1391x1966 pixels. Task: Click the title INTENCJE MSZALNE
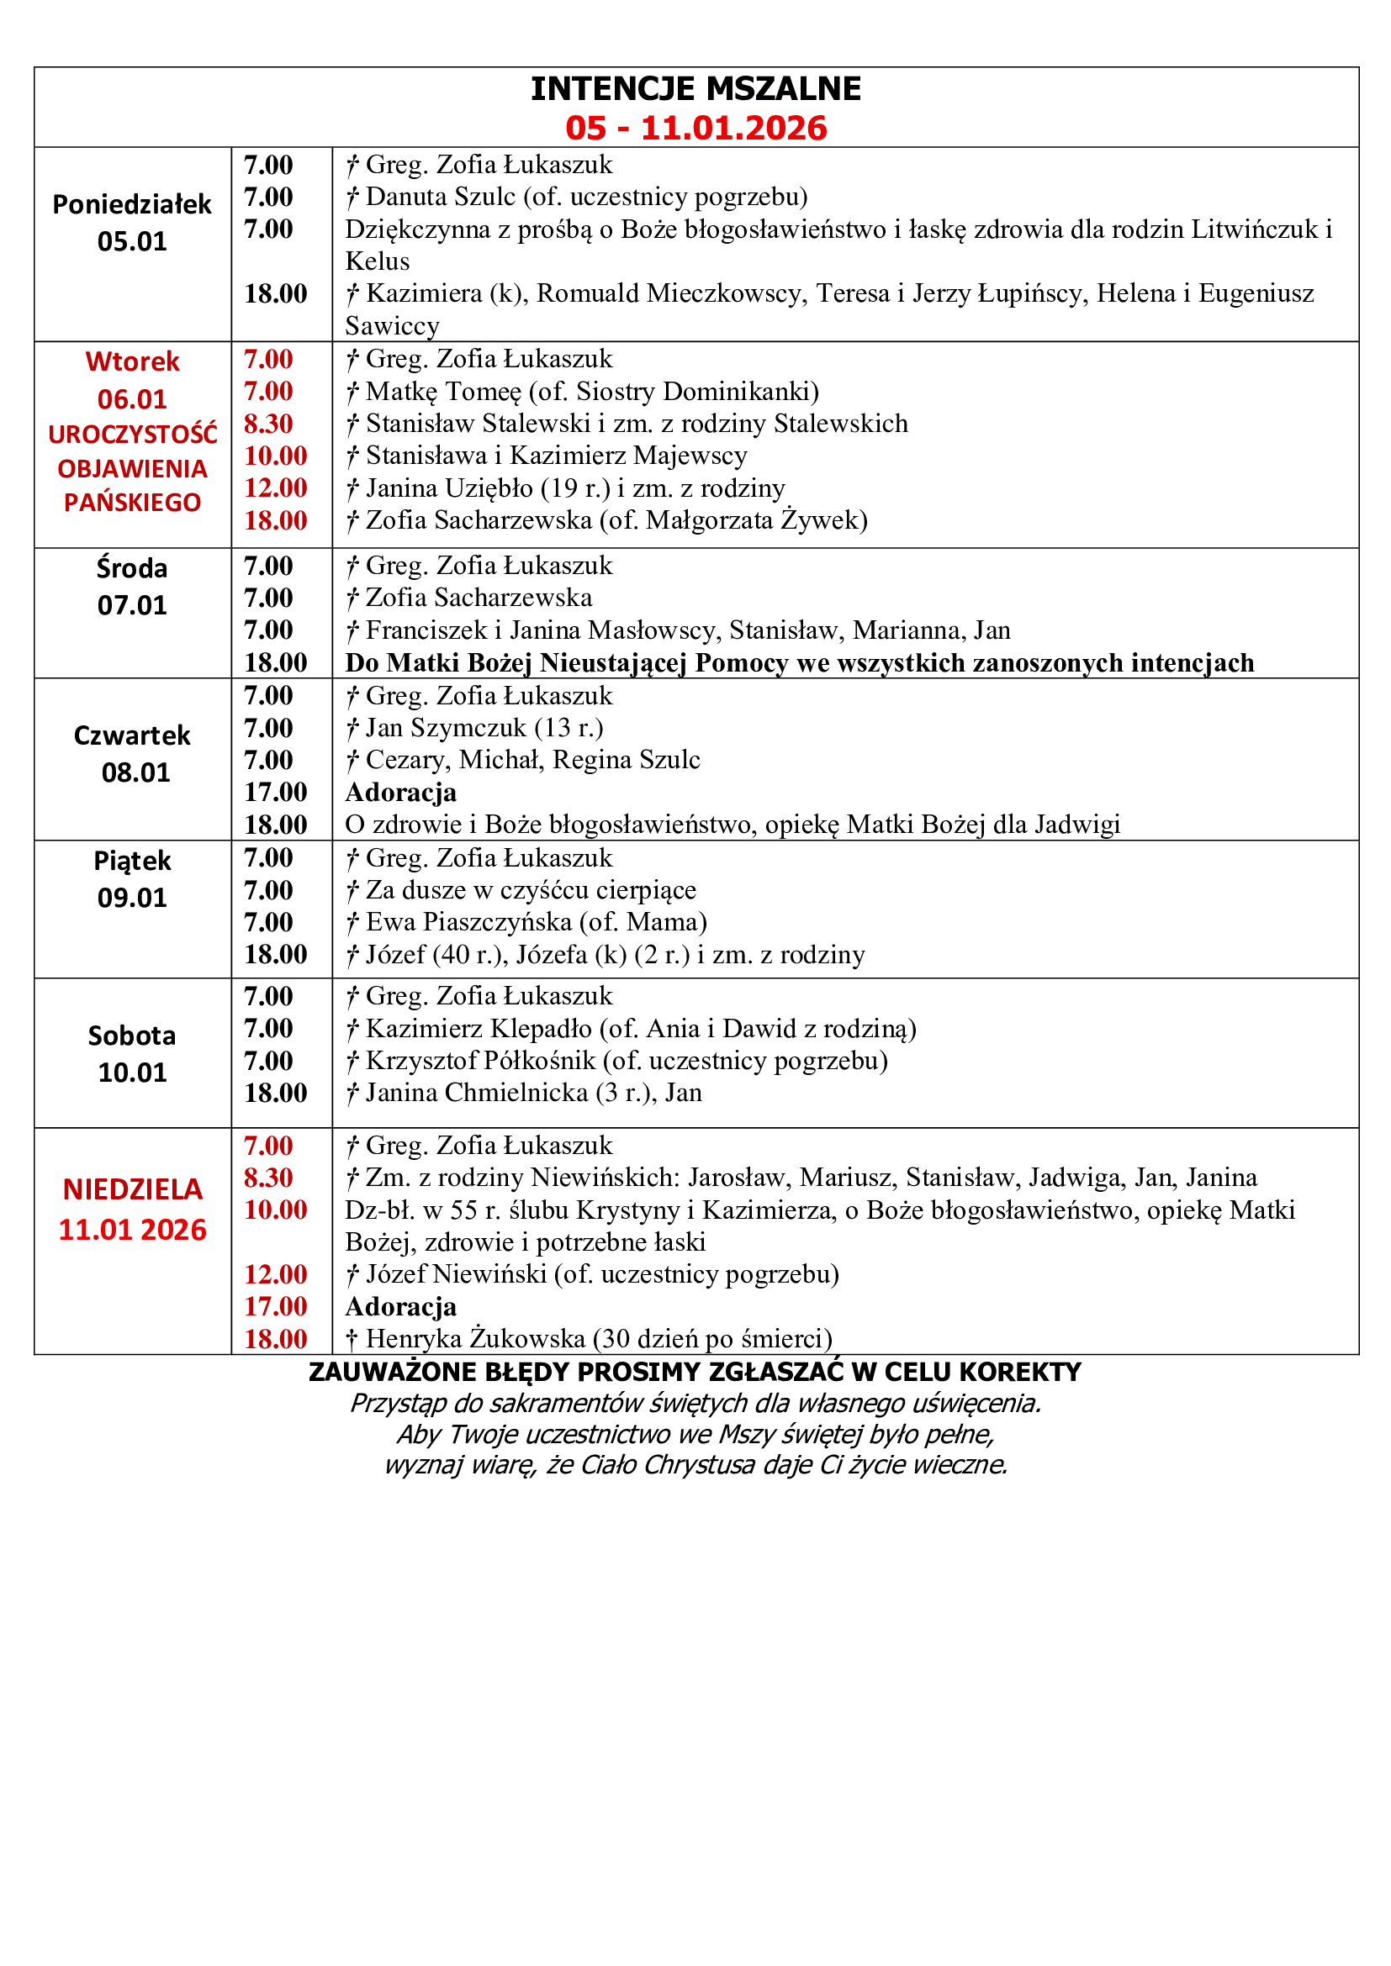pyautogui.click(x=695, y=89)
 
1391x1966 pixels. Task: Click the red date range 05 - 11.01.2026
pyautogui.click(x=695, y=129)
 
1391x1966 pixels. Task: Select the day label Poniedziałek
pyautogui.click(x=132, y=204)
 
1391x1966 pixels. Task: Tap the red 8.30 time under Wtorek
pyautogui.click(x=268, y=424)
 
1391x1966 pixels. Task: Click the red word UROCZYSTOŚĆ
pyautogui.click(x=133, y=435)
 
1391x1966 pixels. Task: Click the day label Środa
pyautogui.click(x=132, y=568)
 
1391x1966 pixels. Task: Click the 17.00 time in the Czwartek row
pyautogui.click(x=275, y=792)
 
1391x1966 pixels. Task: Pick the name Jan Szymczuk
pyautogui.click(x=447, y=728)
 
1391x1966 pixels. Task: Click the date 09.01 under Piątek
pyautogui.click(x=132, y=898)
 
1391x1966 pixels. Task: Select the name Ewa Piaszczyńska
pyautogui.click(x=468, y=922)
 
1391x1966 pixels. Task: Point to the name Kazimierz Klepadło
pyautogui.click(x=479, y=1028)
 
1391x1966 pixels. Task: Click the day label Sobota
pyautogui.click(x=132, y=1036)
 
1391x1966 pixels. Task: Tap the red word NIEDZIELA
pyautogui.click(x=133, y=1189)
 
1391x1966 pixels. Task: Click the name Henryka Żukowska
pyautogui.click(x=475, y=1338)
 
